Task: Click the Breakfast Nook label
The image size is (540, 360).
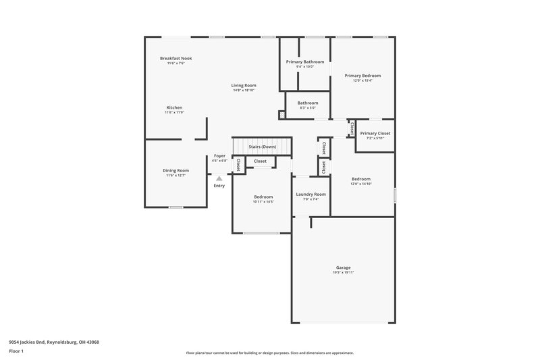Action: pyautogui.click(x=175, y=59)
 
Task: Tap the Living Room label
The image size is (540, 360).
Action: pyautogui.click(x=244, y=85)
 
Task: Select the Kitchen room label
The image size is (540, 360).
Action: pyautogui.click(x=174, y=107)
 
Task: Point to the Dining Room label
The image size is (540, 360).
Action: pyautogui.click(x=175, y=170)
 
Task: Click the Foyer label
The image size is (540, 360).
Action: pyautogui.click(x=219, y=156)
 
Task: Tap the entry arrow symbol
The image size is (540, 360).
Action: pyautogui.click(x=219, y=178)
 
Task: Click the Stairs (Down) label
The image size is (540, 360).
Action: pyautogui.click(x=263, y=146)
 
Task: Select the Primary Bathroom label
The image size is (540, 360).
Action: pyautogui.click(x=305, y=61)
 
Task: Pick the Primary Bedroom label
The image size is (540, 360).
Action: pyautogui.click(x=362, y=76)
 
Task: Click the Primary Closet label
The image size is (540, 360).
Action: pyautogui.click(x=375, y=133)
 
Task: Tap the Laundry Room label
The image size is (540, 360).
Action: pyautogui.click(x=310, y=194)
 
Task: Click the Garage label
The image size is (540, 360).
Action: pyautogui.click(x=343, y=267)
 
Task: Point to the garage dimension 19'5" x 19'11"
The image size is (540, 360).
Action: pyautogui.click(x=343, y=272)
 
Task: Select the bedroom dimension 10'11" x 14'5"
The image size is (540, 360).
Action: pyautogui.click(x=263, y=201)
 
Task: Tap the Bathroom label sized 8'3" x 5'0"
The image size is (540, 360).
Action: pyautogui.click(x=308, y=103)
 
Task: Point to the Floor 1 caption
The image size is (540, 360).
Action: pyautogui.click(x=15, y=352)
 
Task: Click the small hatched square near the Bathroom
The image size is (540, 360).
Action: pyautogui.click(x=281, y=115)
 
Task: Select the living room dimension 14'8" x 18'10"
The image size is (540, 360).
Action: pyautogui.click(x=244, y=90)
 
